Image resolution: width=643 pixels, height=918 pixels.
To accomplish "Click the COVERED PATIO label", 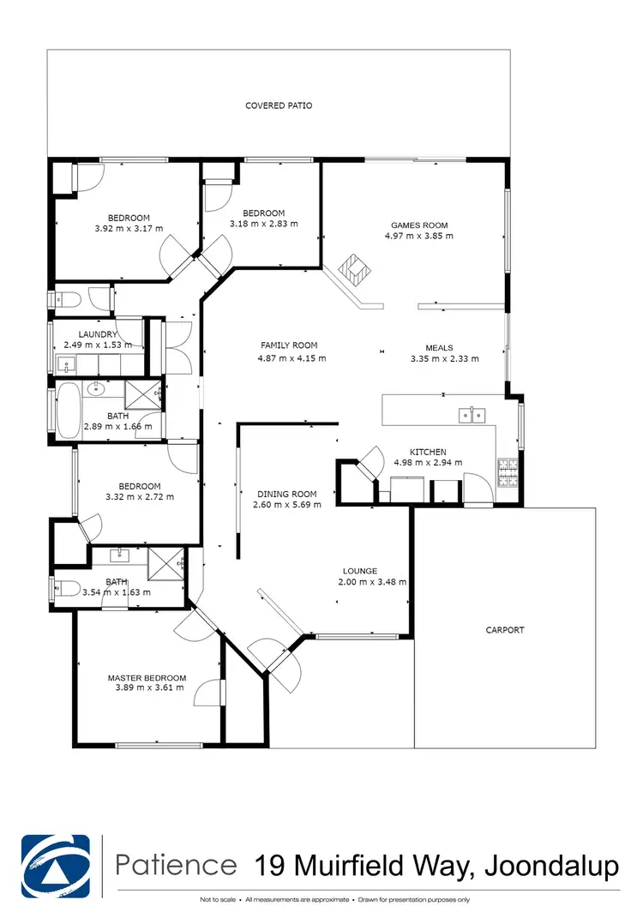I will click(279, 105).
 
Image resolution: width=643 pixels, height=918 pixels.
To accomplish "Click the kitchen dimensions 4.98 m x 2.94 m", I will click(428, 463).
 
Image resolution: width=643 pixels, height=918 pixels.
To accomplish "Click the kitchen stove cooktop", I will click(507, 468).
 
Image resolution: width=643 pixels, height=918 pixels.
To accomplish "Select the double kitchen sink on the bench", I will click(472, 416).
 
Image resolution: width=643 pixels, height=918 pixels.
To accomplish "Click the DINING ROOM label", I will click(286, 494).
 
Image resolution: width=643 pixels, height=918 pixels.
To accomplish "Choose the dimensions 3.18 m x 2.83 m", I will click(263, 224).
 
